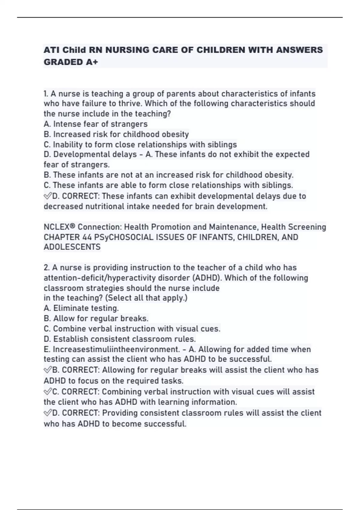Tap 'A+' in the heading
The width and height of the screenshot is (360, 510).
pyautogui.click(x=92, y=62)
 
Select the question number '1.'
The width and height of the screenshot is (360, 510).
pyautogui.click(x=46, y=94)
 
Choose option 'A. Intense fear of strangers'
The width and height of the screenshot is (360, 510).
pyautogui.click(x=95, y=124)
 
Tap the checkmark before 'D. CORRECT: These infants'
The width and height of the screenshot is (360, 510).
pyautogui.click(x=48, y=196)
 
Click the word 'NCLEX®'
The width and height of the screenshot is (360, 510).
pyautogui.click(x=59, y=227)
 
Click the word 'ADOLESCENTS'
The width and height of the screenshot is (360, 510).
pyautogui.click(x=72, y=247)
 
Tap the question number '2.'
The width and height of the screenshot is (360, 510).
pyautogui.click(x=47, y=268)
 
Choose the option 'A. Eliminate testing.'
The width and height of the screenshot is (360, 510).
pyautogui.click(x=81, y=308)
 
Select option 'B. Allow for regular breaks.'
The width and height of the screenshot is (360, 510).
pyautogui.click(x=96, y=319)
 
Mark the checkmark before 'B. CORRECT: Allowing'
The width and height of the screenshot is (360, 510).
pyautogui.click(x=48, y=370)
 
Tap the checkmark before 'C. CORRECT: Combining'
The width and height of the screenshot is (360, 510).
pyautogui.click(x=48, y=392)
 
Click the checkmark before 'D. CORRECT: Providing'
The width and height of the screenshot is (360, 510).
pyautogui.click(x=48, y=413)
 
